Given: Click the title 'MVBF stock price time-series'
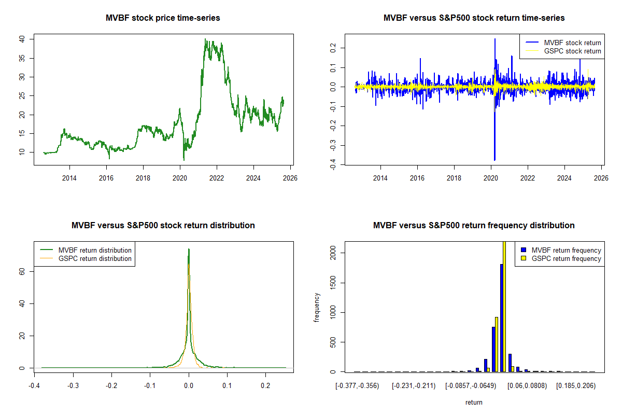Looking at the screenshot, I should (x=163, y=18).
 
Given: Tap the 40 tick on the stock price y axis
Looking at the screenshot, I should (x=22, y=39).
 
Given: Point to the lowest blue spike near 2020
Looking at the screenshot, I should (x=494, y=160).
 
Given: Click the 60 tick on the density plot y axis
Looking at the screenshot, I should (x=22, y=271).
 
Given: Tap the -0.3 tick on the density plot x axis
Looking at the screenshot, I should (x=73, y=386).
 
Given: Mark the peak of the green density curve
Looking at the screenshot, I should (x=189, y=249).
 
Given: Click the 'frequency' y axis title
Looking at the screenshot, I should (x=317, y=308).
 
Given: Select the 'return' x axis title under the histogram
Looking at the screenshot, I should (x=474, y=402).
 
